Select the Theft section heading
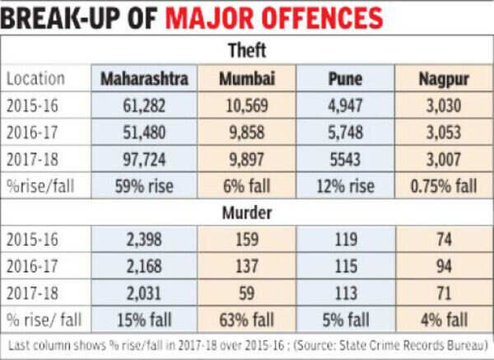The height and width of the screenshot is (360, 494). pyautogui.click(x=247, y=52)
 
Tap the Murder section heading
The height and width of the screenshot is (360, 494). pyautogui.click(x=247, y=212)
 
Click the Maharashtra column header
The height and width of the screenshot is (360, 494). pyautogui.click(x=146, y=79)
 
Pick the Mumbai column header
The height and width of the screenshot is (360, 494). pyautogui.click(x=247, y=79)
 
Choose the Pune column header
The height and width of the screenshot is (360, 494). pyautogui.click(x=344, y=79)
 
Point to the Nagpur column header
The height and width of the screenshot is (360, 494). pyautogui.click(x=442, y=79)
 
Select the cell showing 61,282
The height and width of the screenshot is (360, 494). pyautogui.click(x=146, y=106)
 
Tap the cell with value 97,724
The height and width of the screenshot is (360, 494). pyautogui.click(x=146, y=159)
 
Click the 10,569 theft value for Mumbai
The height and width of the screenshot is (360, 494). pyautogui.click(x=247, y=106)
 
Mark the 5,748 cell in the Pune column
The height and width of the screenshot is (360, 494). pyautogui.click(x=344, y=133)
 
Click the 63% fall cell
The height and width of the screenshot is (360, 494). pyautogui.click(x=247, y=317)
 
